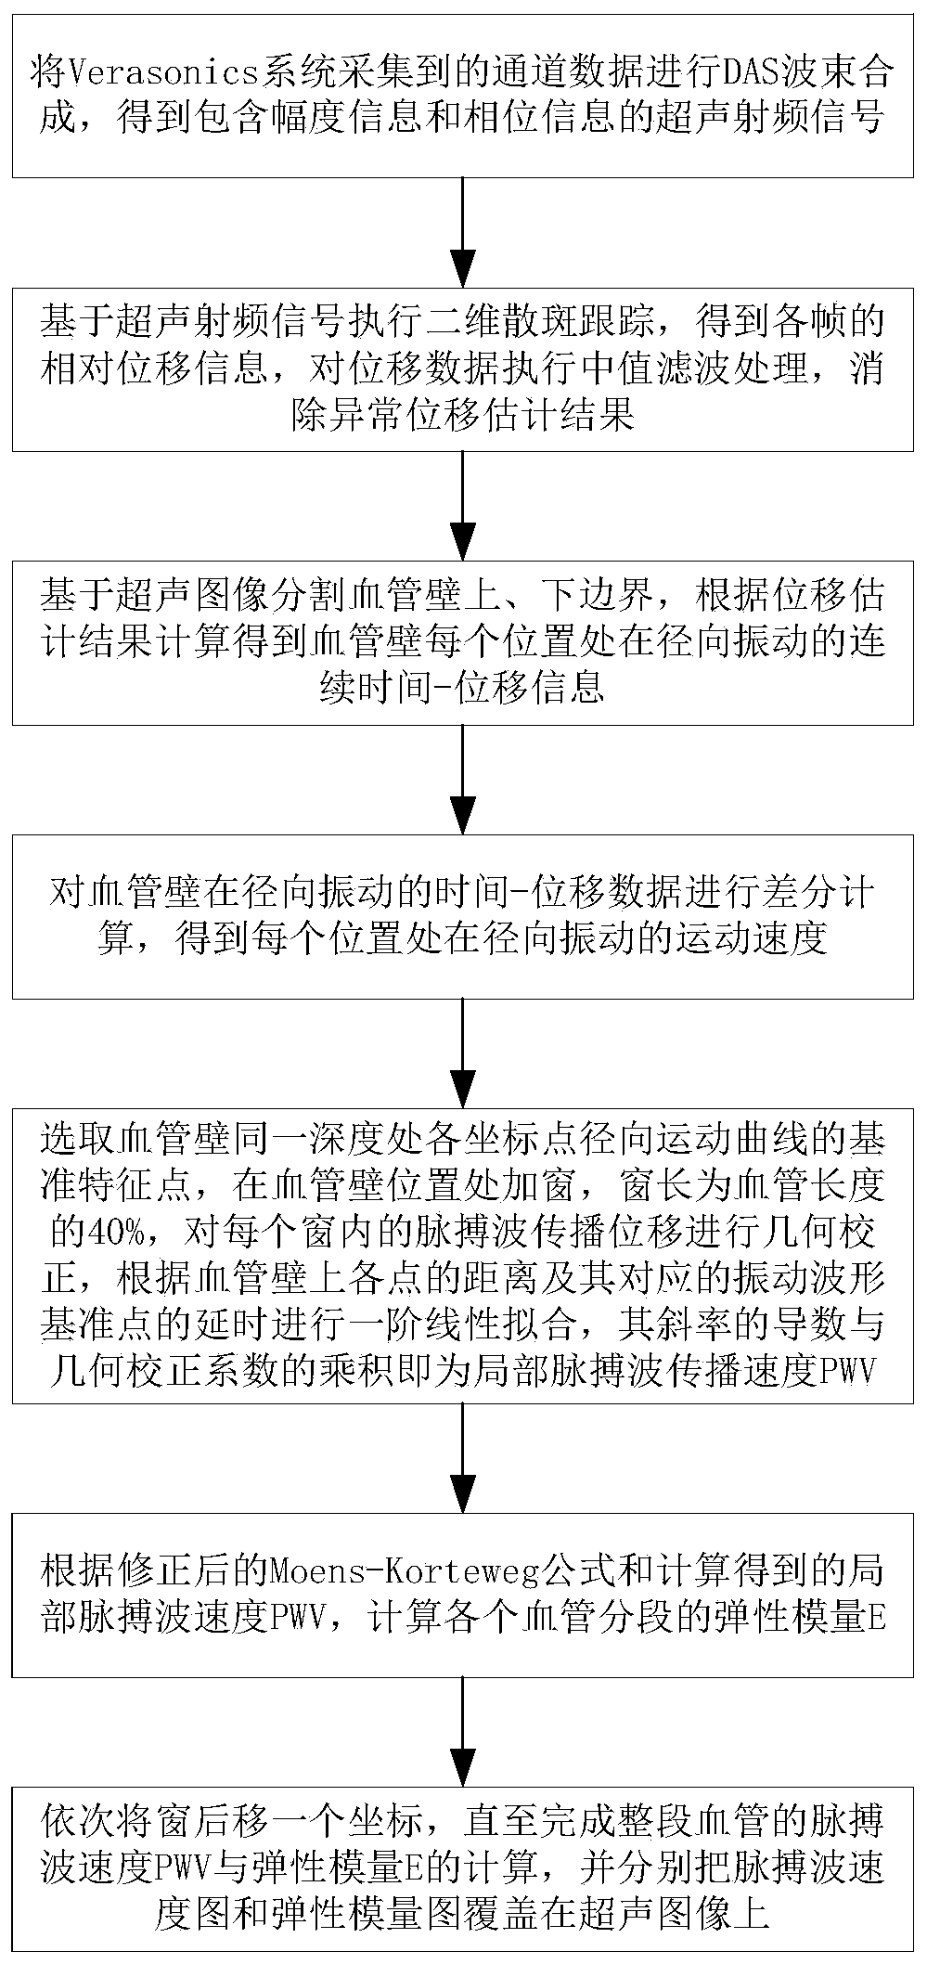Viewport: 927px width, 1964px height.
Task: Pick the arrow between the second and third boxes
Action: point(462,506)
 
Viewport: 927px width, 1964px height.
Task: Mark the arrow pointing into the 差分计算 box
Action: point(462,779)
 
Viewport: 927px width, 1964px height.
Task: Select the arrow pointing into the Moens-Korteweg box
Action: point(462,1457)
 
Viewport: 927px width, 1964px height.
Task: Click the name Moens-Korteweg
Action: point(406,1571)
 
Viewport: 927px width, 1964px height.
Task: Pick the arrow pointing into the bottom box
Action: point(462,1731)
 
